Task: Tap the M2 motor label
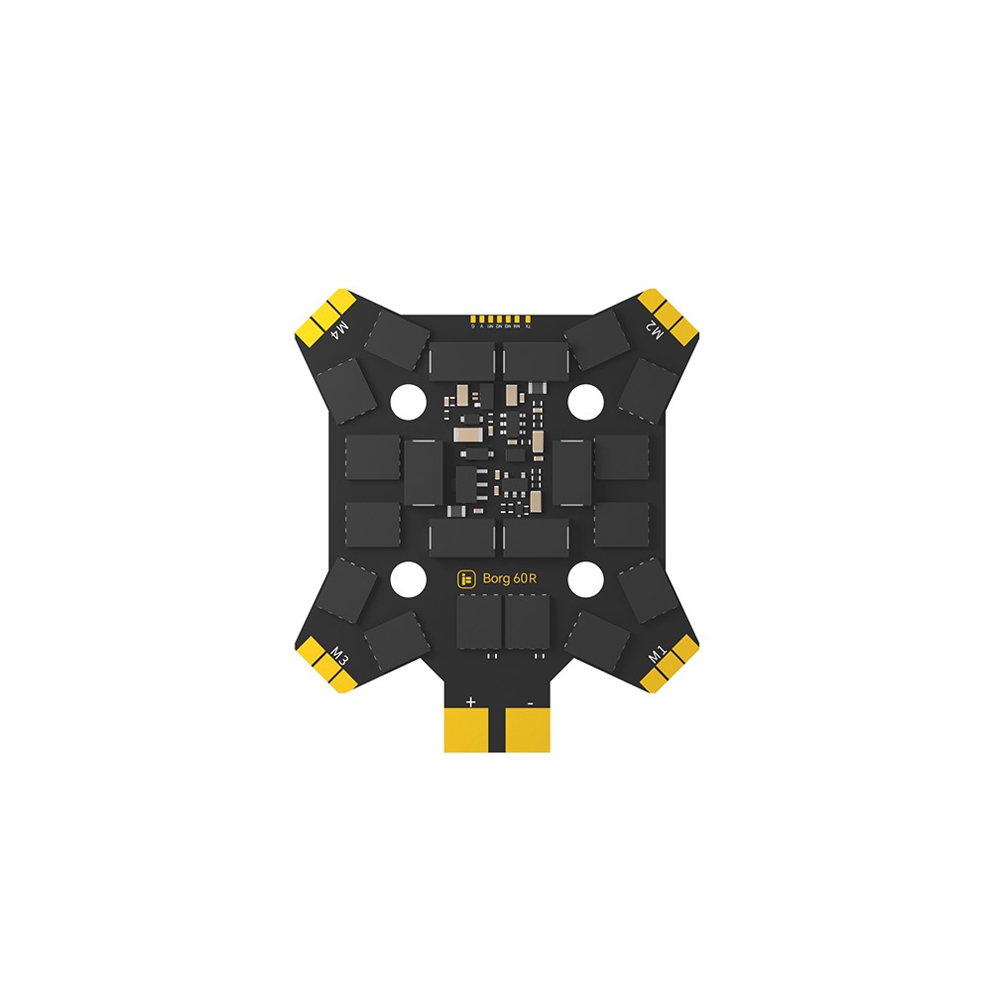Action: coord(654,330)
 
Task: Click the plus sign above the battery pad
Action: coord(470,701)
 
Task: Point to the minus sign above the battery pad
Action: coord(532,701)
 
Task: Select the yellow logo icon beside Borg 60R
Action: coord(466,579)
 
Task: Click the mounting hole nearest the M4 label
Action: coord(407,401)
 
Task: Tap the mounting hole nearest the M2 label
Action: coord(585,401)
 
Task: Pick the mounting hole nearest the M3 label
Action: coord(407,579)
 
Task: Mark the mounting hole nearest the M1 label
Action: coord(585,579)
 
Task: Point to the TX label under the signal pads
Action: coord(528,326)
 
